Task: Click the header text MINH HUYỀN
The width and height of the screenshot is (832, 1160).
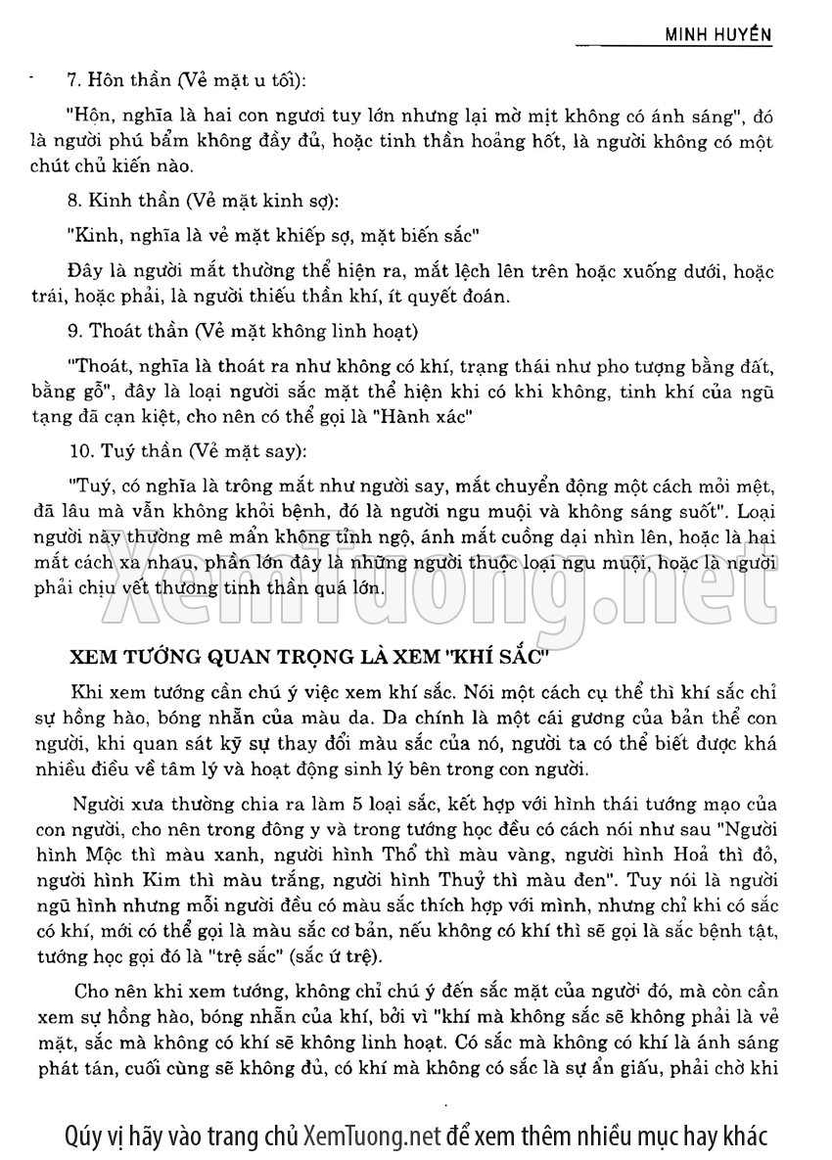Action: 718,35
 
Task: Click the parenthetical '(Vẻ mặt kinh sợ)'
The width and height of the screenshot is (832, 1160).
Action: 265,202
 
